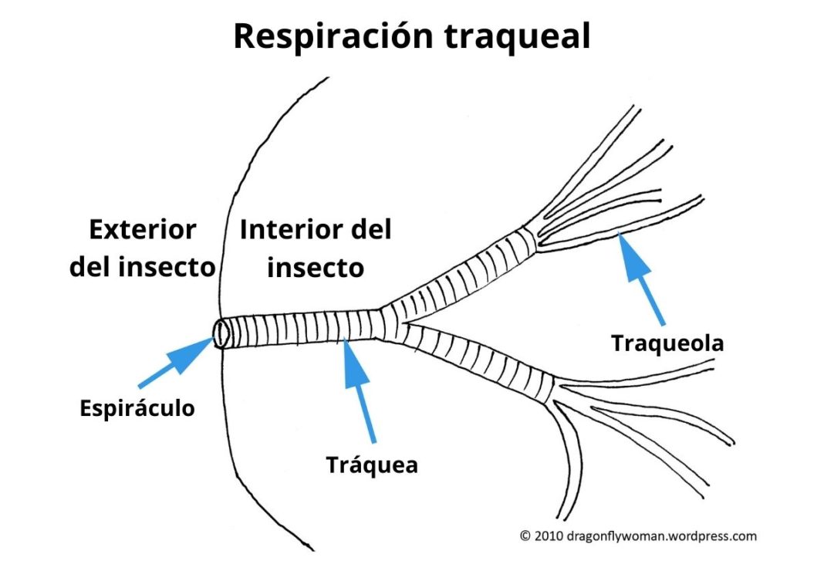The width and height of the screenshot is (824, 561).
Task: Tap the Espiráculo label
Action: tap(137, 408)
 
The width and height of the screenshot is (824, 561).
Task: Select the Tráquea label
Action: tap(372, 465)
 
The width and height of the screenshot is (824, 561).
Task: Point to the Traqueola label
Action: tap(667, 343)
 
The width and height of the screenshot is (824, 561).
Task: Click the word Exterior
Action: tap(143, 229)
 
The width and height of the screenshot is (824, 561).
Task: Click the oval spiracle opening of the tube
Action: tap(221, 335)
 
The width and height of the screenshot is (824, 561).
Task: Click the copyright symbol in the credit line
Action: tap(525, 535)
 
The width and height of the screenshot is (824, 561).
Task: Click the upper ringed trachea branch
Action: tap(463, 271)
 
